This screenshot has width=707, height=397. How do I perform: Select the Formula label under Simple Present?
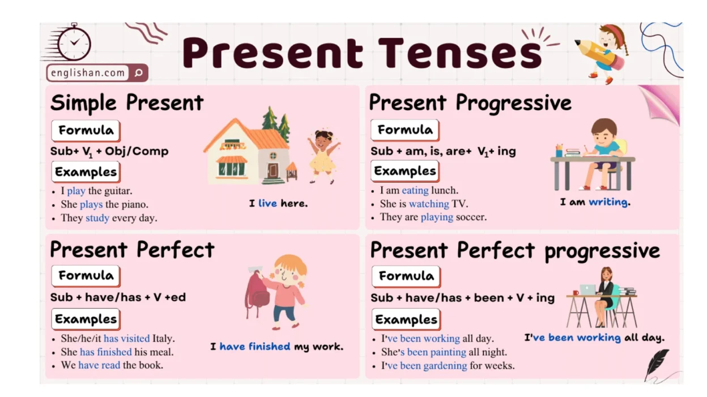tap(86, 131)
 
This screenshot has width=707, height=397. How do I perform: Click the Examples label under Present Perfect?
tap(86, 319)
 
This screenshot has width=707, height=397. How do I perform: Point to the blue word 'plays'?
tap(91, 205)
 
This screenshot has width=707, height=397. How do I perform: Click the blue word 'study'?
tap(97, 218)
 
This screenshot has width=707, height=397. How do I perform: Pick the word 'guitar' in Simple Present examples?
tap(118, 191)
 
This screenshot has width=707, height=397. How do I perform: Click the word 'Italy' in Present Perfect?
tap(163, 339)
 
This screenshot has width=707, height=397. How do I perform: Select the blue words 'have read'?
tap(99, 365)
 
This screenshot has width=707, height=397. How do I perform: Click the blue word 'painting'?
tap(436, 352)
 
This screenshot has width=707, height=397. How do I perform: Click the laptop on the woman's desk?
tap(587, 289)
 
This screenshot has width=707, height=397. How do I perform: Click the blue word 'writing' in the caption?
tap(608, 202)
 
